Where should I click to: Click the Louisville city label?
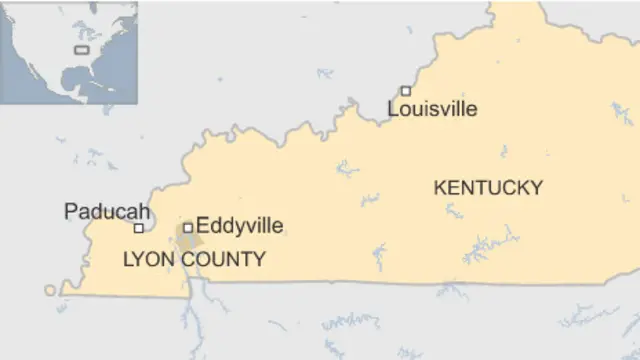[432, 109]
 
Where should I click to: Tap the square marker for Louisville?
[405, 91]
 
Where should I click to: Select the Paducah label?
[107, 211]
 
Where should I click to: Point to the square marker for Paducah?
[138, 228]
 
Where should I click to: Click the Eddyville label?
[239, 227]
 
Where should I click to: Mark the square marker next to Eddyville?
[187, 227]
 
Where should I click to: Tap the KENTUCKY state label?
[488, 187]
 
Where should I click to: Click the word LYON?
[146, 260]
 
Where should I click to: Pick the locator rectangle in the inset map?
[81, 48]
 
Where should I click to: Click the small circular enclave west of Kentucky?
[50, 290]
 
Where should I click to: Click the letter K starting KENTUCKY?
[439, 187]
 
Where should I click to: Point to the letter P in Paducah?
[70, 211]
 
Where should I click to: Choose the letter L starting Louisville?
[392, 109]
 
